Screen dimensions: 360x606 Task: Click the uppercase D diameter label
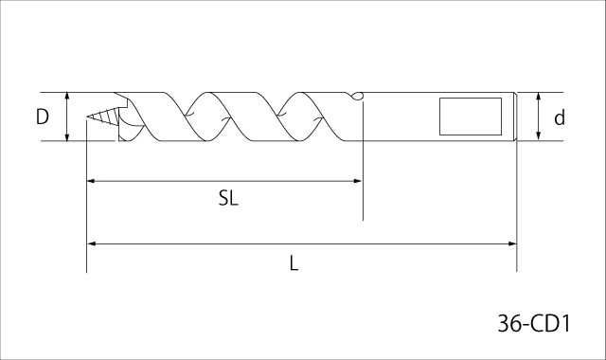click(43, 117)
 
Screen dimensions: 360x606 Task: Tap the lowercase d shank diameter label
click(560, 118)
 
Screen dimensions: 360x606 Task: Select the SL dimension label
click(227, 199)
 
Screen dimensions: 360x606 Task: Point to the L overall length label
click(294, 264)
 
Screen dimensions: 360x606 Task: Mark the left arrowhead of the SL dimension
click(92, 179)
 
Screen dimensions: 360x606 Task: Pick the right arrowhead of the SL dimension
click(358, 179)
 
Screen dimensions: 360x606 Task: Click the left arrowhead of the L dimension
click(92, 243)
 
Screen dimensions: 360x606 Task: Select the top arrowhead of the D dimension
click(68, 97)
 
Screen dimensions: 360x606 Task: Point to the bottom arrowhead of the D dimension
click(68, 137)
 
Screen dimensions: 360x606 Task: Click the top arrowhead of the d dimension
click(538, 97)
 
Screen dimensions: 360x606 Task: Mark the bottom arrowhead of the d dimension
click(538, 137)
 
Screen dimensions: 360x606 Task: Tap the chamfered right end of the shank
click(514, 117)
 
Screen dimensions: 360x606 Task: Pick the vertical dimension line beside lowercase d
click(538, 117)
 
